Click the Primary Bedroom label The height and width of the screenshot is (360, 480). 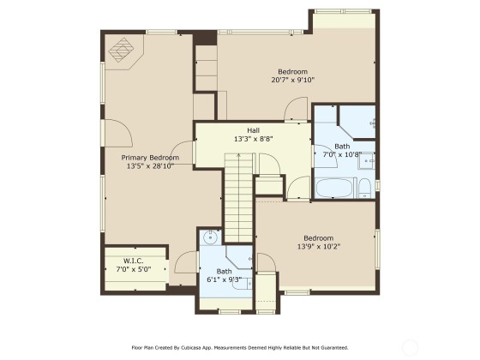click(150, 158)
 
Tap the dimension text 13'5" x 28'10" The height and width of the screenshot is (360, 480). click(150, 166)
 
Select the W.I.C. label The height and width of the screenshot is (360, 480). click(134, 261)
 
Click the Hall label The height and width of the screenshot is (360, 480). click(253, 130)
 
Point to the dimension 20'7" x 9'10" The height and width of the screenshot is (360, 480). click(293, 80)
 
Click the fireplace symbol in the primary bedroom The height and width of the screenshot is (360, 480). click(122, 50)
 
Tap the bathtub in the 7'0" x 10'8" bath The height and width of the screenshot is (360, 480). click(334, 188)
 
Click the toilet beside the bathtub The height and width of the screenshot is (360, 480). click(364, 189)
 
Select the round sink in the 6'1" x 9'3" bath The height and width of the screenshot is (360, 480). click(210, 237)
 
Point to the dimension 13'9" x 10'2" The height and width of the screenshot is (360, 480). click(319, 247)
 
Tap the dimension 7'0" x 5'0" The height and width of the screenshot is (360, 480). click(134, 269)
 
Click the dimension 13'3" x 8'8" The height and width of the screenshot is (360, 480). click(253, 139)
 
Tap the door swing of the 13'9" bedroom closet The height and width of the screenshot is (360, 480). click(267, 262)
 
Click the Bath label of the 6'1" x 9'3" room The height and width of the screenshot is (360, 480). click(224, 271)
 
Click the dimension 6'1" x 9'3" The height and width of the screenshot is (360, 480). click(225, 279)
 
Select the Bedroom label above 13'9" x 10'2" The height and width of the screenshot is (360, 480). click(318, 238)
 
